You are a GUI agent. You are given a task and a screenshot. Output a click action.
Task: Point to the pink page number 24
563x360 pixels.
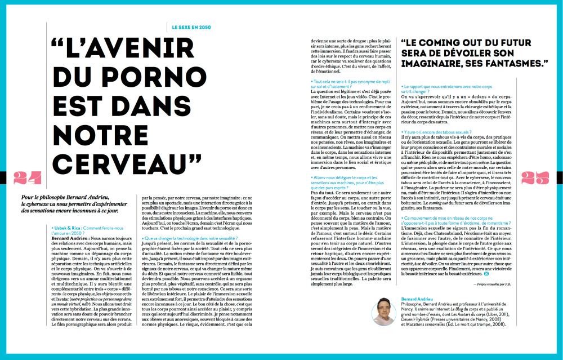tap(28, 178)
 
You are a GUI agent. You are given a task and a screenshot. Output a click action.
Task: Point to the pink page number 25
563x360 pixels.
tap(535, 178)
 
